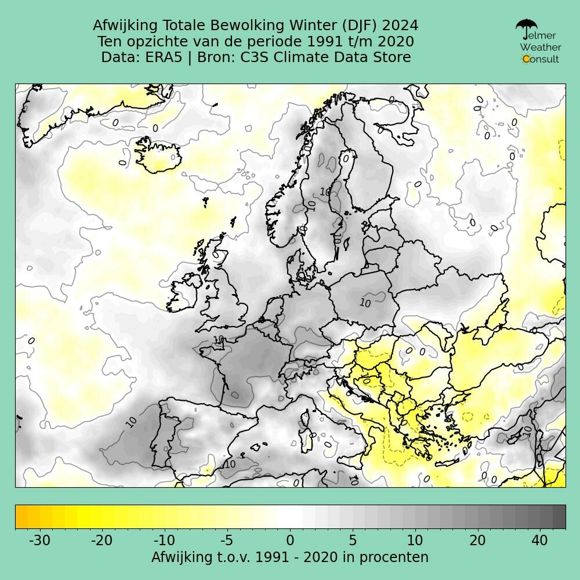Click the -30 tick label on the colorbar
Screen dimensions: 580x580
39,541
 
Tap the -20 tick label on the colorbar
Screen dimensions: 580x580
101,541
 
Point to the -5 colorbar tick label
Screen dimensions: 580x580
226,541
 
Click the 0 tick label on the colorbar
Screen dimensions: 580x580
290,541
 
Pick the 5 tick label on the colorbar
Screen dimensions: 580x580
352,541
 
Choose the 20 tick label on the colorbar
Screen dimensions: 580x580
477,541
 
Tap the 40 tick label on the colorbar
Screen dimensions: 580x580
539,541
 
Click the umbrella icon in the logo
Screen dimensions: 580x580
526,26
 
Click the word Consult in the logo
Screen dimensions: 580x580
541,59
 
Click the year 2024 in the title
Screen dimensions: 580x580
400,26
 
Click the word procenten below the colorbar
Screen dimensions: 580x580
394,557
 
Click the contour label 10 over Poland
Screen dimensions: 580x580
365,303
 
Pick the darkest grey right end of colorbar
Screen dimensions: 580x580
559,516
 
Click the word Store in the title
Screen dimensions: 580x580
393,57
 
